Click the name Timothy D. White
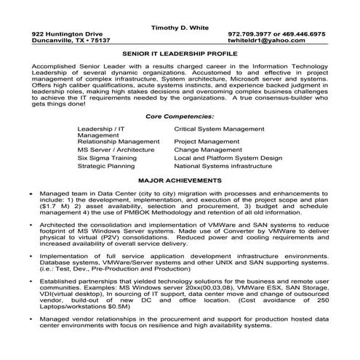tap(179, 25)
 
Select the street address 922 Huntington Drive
tap(68, 34)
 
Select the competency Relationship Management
tap(118, 140)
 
